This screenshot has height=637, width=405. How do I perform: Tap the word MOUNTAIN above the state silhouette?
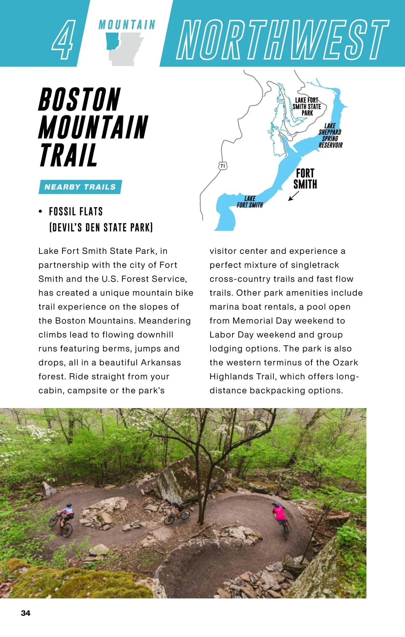click(x=127, y=25)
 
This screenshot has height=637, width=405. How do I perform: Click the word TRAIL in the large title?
click(x=69, y=155)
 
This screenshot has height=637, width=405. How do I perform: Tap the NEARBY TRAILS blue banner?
click(x=80, y=187)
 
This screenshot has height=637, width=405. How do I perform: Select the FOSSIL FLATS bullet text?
click(x=76, y=212)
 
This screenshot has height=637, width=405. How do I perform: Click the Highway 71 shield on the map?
click(x=223, y=166)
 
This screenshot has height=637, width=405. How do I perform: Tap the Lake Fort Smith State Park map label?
click(x=306, y=106)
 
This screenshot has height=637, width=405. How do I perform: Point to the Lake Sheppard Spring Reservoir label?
click(x=330, y=135)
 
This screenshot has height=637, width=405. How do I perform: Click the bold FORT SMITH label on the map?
click(x=305, y=179)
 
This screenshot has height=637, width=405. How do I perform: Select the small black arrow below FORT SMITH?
click(x=293, y=196)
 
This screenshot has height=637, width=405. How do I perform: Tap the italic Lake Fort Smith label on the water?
click(x=250, y=202)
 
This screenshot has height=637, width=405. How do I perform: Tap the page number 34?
click(x=26, y=613)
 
